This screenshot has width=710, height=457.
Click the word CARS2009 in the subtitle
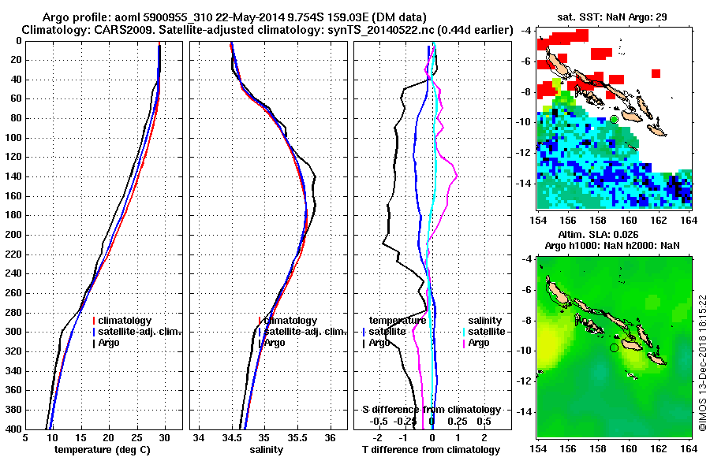pyautogui.click(x=116, y=30)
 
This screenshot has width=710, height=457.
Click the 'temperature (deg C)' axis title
pyautogui.click(x=102, y=449)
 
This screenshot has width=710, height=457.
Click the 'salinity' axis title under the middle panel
pyautogui.click(x=268, y=449)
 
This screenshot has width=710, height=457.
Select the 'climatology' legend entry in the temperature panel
pyautogui.click(x=125, y=321)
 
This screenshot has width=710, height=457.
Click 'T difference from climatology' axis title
pyautogui.click(x=429, y=449)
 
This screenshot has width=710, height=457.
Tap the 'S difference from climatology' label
pyautogui.click(x=431, y=410)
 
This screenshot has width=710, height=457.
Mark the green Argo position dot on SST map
pyautogui.click(x=614, y=119)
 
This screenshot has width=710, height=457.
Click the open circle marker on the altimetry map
pyautogui.click(x=615, y=347)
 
